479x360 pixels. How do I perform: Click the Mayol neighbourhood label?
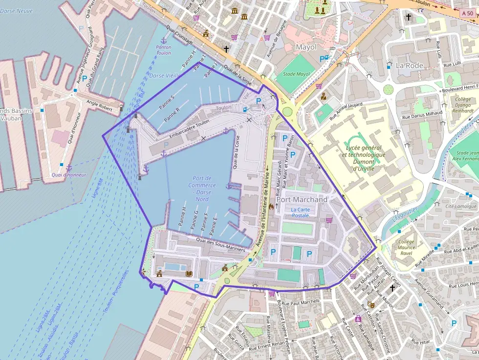pos(306,47)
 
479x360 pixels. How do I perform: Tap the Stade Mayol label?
pos(297,75)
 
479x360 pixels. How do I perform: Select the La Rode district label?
pos(410,65)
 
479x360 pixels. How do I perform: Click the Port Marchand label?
pos(302,200)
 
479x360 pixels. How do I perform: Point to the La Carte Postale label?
pos(300,212)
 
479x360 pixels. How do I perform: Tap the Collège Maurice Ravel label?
pos(406,248)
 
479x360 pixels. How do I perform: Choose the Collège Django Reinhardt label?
pos(463,105)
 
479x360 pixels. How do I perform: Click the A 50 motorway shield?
pos(467,14)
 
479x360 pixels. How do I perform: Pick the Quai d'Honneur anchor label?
pos(68,174)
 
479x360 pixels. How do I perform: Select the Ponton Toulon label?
pos(164,50)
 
